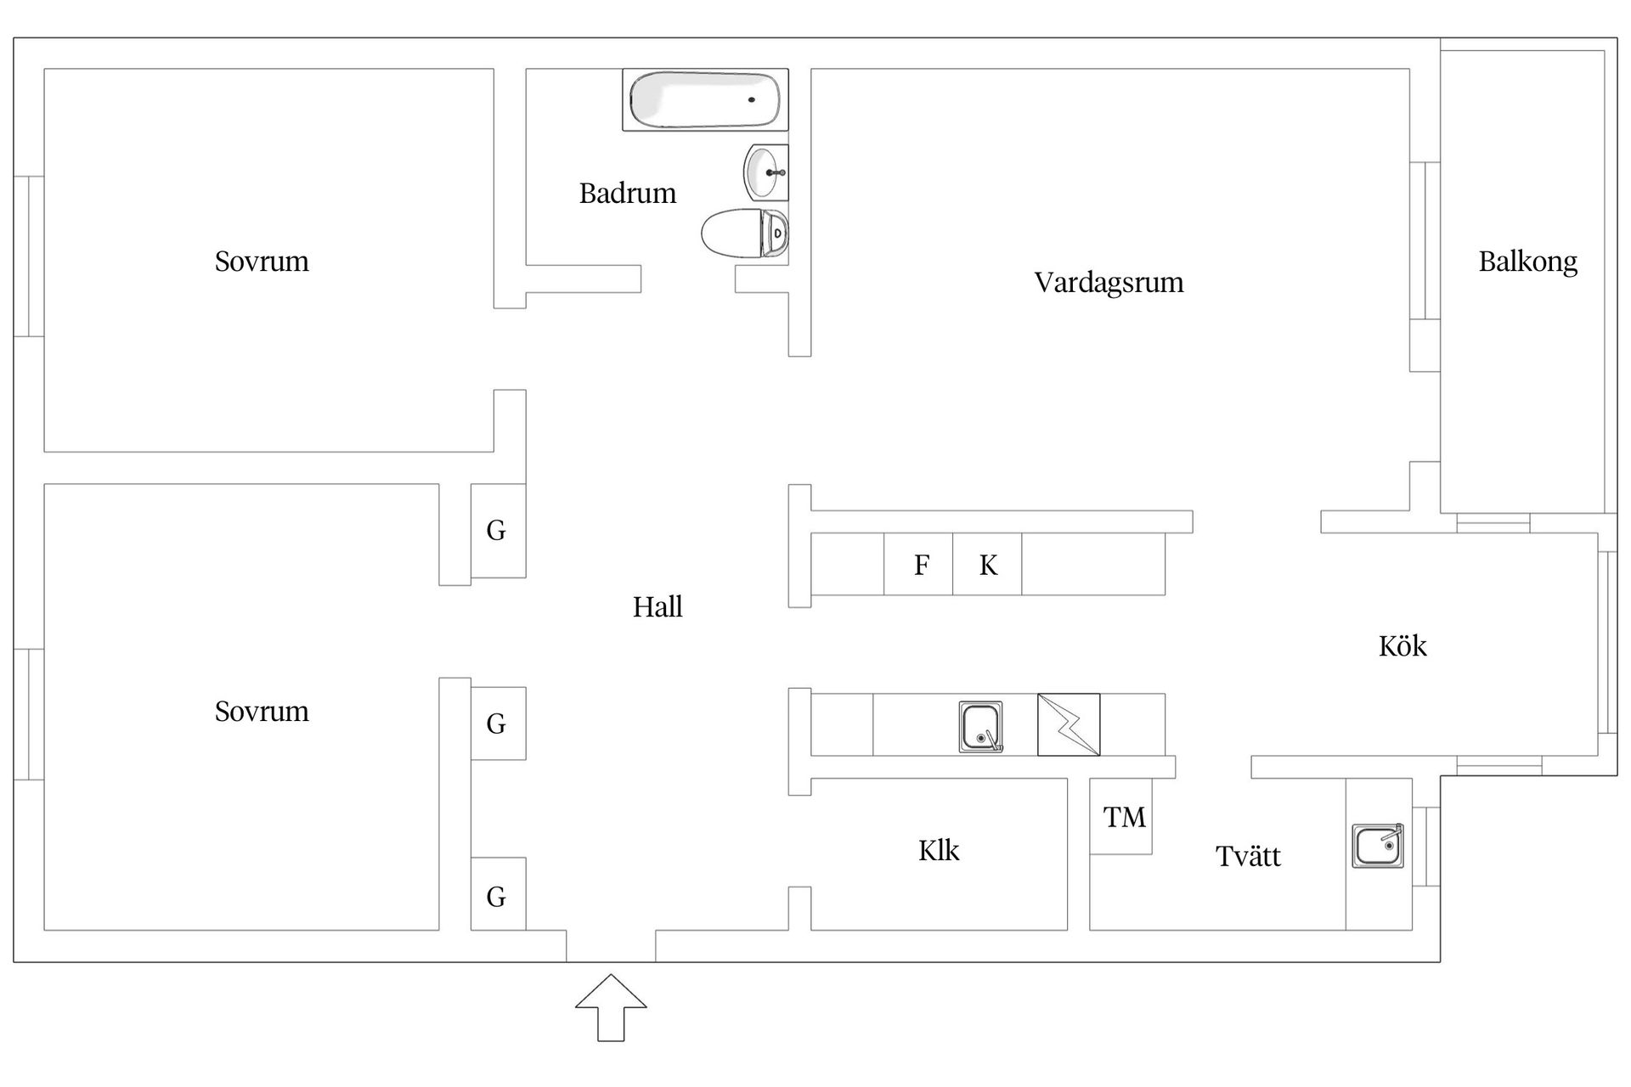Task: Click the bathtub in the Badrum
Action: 704,100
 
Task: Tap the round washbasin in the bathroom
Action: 765,172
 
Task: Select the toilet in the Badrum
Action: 744,233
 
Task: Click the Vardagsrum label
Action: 1109,282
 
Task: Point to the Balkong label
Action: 1527,262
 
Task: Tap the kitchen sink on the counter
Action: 980,727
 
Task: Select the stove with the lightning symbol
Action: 1069,724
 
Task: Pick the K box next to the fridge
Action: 987,565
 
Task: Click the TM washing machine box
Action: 1122,817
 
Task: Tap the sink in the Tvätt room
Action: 1377,846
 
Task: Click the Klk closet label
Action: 939,851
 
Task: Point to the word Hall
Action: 657,607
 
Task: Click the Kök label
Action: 1402,646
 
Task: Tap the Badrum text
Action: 628,194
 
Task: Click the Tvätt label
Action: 1247,856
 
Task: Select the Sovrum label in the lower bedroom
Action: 262,711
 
